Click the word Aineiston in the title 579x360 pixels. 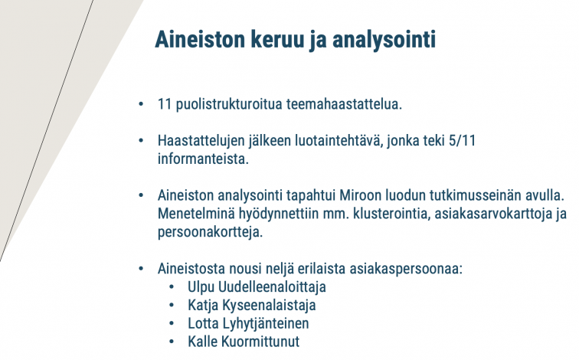[200, 39]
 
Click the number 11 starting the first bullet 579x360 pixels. [165, 104]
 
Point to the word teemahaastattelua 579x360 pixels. [344, 104]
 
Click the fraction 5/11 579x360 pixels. [462, 141]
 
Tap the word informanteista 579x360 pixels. [203, 159]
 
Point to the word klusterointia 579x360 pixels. [392, 214]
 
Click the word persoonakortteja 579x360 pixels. [210, 233]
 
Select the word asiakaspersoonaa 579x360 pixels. [406, 269]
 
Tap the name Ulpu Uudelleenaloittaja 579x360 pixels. [257, 287]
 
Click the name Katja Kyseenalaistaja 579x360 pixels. [252, 306]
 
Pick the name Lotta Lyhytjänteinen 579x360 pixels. [248, 323]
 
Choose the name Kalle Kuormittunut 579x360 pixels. [244, 342]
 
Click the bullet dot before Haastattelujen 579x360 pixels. [141, 141]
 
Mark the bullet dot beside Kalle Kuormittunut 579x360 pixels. [172, 342]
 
